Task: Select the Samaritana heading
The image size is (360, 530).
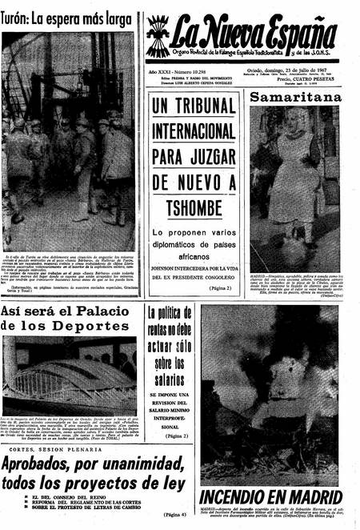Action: pos(294,97)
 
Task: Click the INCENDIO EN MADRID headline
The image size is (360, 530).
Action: pos(270,496)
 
